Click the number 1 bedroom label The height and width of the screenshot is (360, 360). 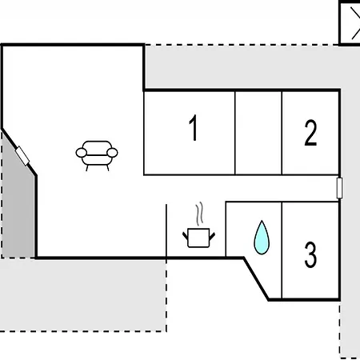coord(194,127)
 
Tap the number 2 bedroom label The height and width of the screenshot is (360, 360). coord(310,133)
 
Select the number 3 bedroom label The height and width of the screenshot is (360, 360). coord(310,254)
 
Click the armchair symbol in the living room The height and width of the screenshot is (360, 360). coord(97,156)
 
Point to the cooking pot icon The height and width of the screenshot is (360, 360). coord(198,238)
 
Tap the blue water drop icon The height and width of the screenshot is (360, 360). coord(262,238)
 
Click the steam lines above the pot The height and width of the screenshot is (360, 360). coord(199,214)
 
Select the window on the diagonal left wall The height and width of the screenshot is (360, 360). coord(22,156)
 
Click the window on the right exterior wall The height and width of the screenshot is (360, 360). coord(339,188)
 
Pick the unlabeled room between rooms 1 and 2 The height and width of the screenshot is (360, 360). coord(258,133)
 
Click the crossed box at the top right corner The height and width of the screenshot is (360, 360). coord(350,23)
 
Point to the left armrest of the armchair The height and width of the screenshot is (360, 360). coord(82,153)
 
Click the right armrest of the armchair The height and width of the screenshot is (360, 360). coord(112,153)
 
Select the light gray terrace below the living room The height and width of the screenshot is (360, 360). coord(82,295)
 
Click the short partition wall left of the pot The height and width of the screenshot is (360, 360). coord(166,231)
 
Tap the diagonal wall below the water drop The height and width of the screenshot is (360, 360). coord(256,279)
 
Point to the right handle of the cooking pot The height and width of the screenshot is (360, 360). coord(212,236)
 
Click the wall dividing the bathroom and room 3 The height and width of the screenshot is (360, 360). coord(282,250)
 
